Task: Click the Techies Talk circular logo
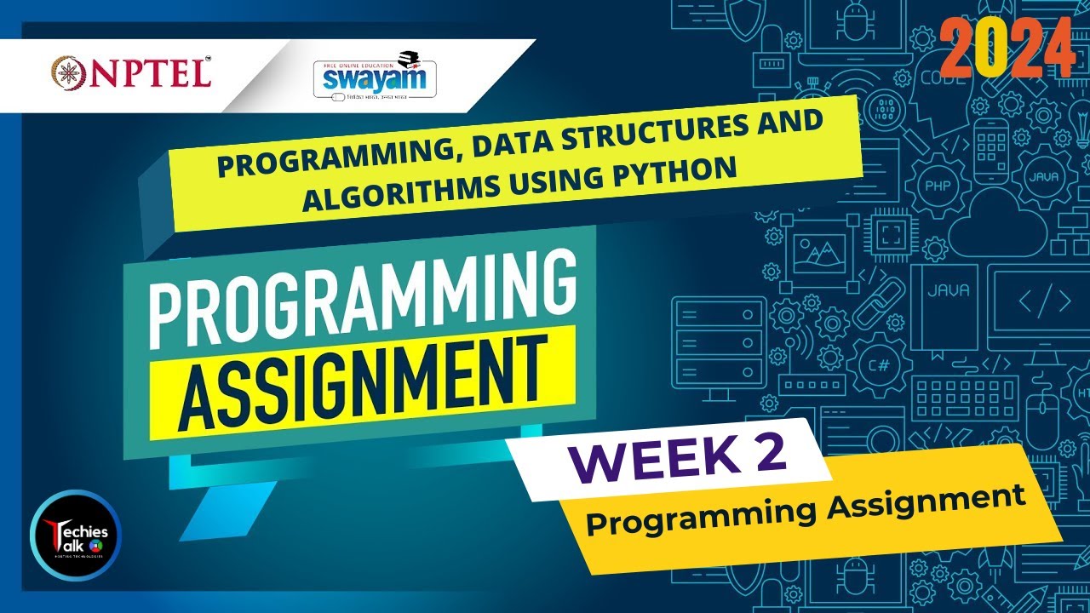(x=75, y=535)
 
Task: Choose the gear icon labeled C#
(x=879, y=365)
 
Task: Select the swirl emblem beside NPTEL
(x=67, y=72)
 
